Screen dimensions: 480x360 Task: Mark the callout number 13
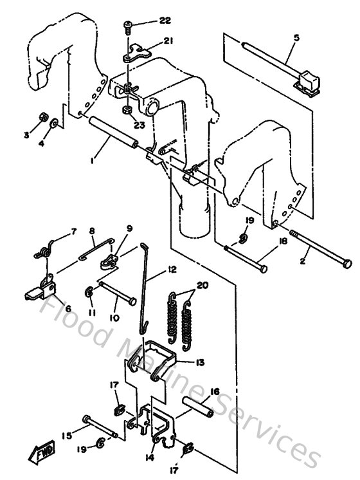[200, 363]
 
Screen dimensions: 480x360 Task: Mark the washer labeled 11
[89, 293]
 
